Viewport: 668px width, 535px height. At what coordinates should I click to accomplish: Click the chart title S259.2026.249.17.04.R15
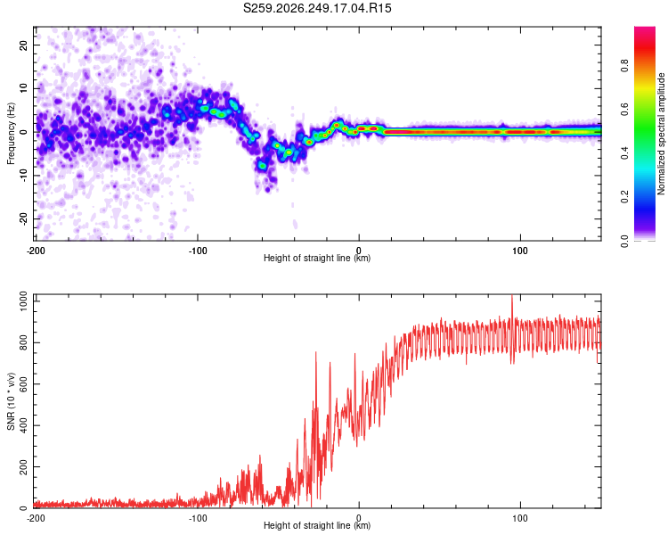pos(317,8)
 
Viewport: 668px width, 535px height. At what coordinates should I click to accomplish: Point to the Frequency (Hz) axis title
pos(11,134)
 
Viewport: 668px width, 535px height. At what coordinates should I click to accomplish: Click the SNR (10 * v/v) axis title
pos(11,401)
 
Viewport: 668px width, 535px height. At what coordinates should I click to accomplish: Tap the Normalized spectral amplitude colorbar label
pos(661,134)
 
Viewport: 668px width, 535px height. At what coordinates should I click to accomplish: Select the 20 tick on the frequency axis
pos(23,45)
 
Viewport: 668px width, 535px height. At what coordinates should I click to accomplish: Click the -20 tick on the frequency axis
pos(23,218)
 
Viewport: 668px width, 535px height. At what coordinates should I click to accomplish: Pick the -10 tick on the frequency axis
pos(23,176)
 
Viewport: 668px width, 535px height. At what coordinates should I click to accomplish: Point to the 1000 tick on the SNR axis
pos(23,301)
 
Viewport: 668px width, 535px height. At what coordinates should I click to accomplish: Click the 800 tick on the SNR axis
pos(23,342)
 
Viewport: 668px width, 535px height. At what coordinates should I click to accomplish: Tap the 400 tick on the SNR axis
pos(23,425)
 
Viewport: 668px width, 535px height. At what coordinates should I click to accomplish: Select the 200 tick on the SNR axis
pos(23,466)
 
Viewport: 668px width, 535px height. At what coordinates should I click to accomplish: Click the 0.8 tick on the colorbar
pos(624,66)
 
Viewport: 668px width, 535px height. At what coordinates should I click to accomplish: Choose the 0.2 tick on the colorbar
pos(624,197)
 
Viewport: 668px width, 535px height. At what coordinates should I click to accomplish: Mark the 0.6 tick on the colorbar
pos(624,110)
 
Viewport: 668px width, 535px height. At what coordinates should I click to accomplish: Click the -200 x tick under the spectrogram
pos(36,251)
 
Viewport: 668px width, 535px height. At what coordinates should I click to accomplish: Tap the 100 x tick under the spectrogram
pos(520,251)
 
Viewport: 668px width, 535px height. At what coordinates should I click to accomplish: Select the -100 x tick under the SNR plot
pos(197,518)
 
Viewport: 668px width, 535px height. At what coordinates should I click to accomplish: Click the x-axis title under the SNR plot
pos(317,525)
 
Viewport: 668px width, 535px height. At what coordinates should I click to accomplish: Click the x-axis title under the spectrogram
pos(317,258)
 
